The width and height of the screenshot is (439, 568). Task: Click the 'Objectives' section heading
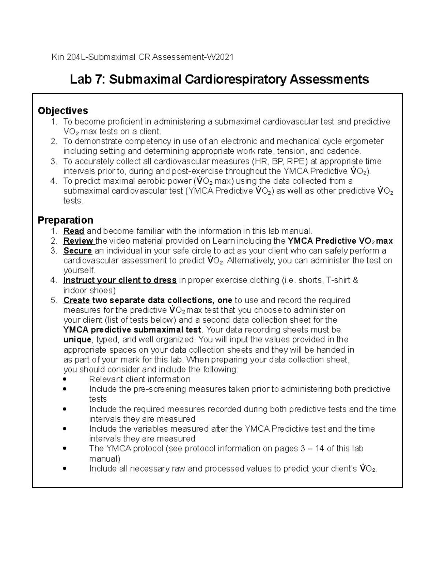click(x=63, y=110)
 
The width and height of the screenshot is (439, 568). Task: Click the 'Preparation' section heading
click(x=65, y=220)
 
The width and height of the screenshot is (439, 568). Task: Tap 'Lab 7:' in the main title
click(x=87, y=79)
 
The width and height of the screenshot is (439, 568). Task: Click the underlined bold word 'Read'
click(x=74, y=231)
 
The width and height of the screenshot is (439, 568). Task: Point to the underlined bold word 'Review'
click(x=78, y=241)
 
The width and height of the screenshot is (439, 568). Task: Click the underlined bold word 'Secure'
click(x=78, y=251)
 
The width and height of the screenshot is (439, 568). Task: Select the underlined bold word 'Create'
click(x=76, y=300)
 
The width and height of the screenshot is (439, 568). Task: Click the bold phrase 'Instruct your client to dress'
click(x=120, y=281)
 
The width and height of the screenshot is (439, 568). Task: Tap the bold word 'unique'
click(x=77, y=340)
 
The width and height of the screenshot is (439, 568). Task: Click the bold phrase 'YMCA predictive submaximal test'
click(x=132, y=330)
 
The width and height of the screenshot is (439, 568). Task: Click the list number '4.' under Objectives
click(x=54, y=181)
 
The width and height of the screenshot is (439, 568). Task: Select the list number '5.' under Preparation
click(x=54, y=300)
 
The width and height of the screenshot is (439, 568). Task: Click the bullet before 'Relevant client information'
click(x=65, y=379)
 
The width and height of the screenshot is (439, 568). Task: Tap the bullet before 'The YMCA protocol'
click(x=65, y=448)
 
